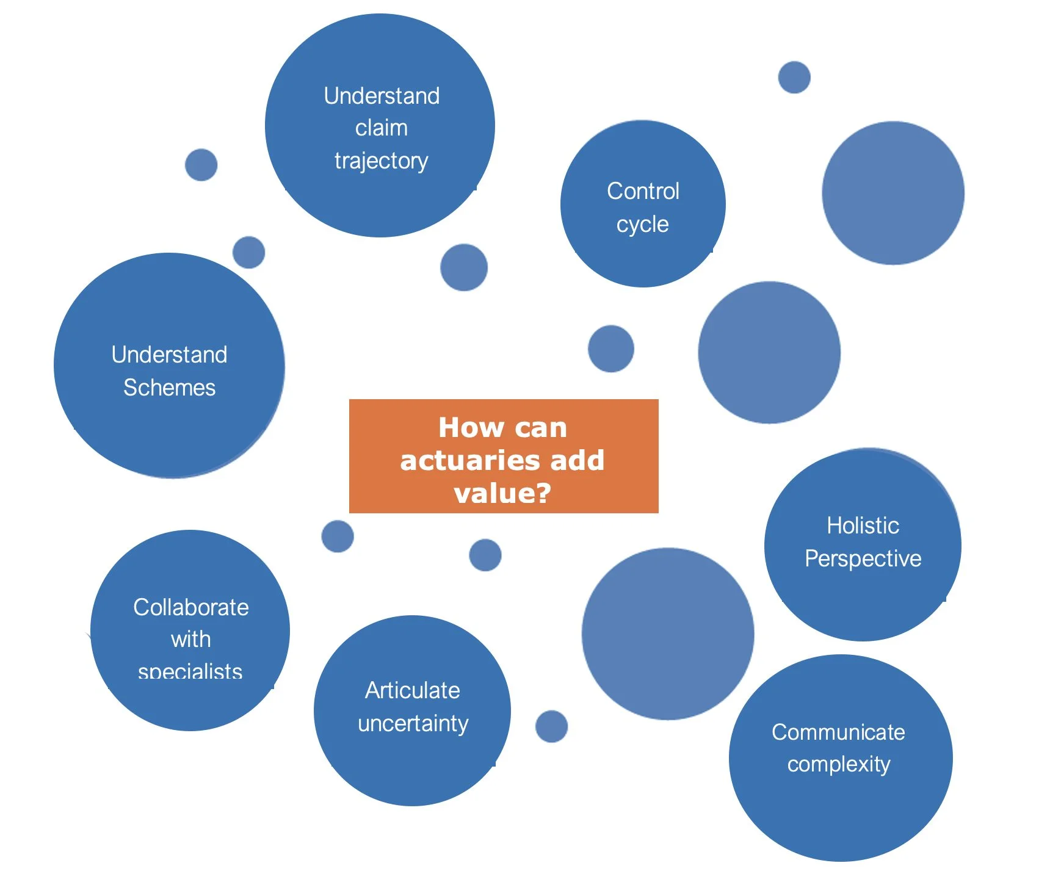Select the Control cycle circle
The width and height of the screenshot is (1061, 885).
point(642,256)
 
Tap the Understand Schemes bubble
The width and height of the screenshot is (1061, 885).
point(169,427)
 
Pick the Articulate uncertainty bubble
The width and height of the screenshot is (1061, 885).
point(412,763)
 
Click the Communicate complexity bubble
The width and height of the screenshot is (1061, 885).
point(840,812)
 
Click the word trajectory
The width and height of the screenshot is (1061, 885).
point(381,161)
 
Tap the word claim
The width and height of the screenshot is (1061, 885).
point(381,128)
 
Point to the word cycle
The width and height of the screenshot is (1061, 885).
point(642,224)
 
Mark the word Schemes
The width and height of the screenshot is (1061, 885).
point(169,388)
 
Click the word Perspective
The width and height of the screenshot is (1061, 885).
point(863,558)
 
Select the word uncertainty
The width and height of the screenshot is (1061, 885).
point(413,723)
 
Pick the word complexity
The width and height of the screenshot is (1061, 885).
point(839,764)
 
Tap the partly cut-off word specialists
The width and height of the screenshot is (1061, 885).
point(190,672)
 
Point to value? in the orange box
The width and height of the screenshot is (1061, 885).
point(502,493)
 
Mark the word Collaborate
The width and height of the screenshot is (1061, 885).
point(190,607)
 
